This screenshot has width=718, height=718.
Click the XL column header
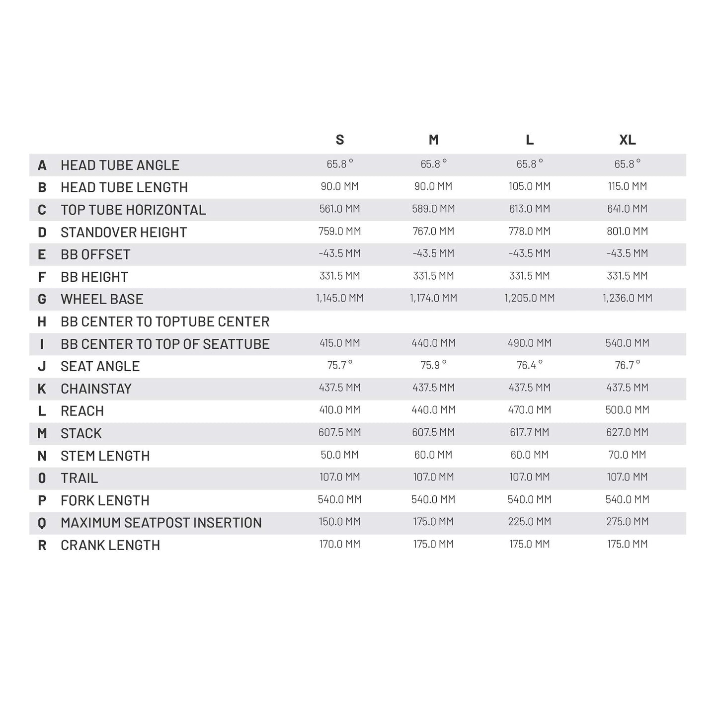(x=627, y=140)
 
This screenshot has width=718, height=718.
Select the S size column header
(x=340, y=140)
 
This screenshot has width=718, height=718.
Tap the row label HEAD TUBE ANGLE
(x=120, y=165)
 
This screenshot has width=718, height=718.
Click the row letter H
(x=42, y=321)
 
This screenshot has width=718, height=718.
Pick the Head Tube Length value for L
(x=529, y=186)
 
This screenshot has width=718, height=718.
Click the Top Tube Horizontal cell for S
(x=340, y=209)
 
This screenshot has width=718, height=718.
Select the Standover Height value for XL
(x=627, y=231)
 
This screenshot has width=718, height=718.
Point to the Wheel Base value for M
(x=433, y=298)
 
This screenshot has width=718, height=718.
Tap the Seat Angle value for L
(x=529, y=365)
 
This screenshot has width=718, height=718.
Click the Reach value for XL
(x=627, y=410)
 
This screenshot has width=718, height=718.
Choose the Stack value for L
(x=529, y=432)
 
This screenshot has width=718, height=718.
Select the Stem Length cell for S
(x=340, y=455)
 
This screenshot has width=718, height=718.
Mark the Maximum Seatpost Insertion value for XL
(x=627, y=522)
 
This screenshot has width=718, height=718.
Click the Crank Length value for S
(x=340, y=544)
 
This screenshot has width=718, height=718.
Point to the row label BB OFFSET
(x=95, y=254)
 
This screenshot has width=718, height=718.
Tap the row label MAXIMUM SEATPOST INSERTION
(x=161, y=523)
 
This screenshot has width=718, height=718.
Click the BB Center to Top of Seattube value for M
(x=433, y=343)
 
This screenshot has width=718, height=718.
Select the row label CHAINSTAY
(x=96, y=389)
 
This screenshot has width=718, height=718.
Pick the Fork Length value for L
(x=529, y=499)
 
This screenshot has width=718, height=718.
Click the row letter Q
(x=42, y=523)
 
